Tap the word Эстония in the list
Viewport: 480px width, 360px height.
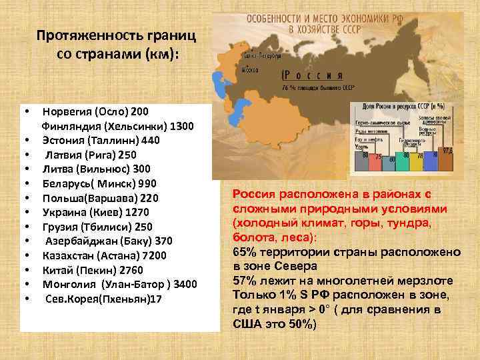tap(63, 140)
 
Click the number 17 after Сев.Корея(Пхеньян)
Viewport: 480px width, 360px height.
tap(155, 298)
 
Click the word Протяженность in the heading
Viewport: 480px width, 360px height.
tap(77, 35)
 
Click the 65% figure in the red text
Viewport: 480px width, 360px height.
tap(243, 252)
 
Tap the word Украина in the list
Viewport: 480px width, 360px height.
tap(65, 212)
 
